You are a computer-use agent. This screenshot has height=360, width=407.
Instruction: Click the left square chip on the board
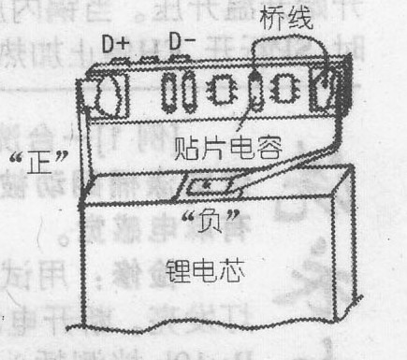point(223,92)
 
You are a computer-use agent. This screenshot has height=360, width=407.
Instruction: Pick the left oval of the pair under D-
point(170,92)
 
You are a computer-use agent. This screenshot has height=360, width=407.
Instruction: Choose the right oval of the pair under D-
point(188,92)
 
